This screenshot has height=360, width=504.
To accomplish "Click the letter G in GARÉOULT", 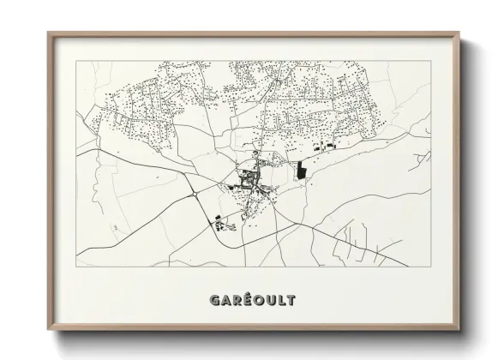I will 214,301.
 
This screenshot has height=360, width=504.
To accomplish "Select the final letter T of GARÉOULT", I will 291,301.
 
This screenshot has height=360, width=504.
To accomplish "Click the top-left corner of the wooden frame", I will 48,33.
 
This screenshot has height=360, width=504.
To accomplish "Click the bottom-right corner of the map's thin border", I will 431,267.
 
